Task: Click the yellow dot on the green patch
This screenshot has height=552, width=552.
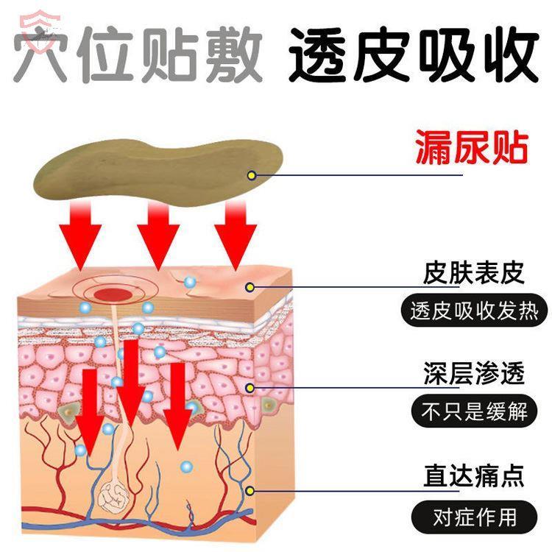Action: tap(252, 175)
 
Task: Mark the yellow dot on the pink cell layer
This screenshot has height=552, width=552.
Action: tap(250, 387)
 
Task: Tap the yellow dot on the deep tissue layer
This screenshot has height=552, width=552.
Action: tap(250, 489)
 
